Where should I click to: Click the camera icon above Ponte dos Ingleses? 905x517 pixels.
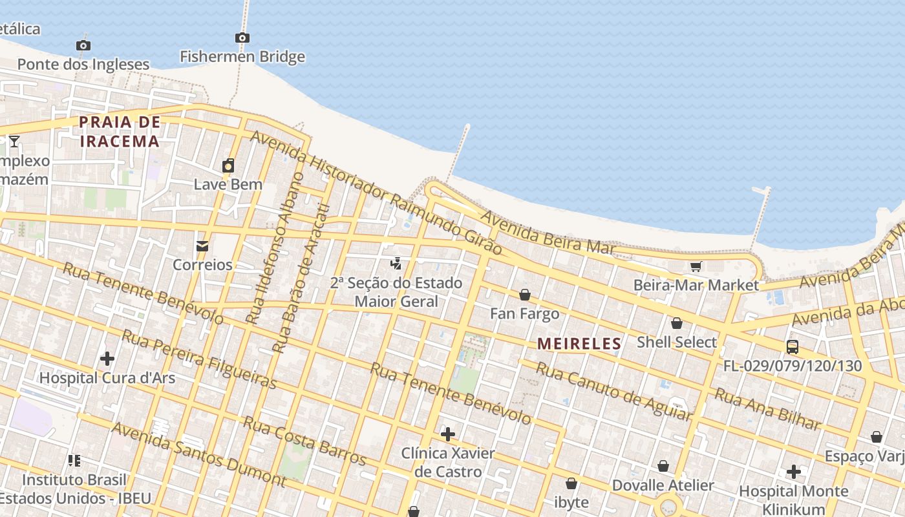point(83,45)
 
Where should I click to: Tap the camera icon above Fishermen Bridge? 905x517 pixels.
point(242,38)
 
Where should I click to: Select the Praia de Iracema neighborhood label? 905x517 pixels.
point(120,132)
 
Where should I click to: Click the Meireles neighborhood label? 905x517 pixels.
point(579,344)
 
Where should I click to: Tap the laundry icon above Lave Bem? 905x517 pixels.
point(228,166)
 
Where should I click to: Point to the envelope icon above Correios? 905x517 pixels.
point(202,246)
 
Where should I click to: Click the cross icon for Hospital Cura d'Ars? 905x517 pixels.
point(107,358)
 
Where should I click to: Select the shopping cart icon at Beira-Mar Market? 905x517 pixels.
point(696,266)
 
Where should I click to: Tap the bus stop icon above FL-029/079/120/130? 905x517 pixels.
point(793,347)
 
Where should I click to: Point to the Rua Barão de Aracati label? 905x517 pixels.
point(301,279)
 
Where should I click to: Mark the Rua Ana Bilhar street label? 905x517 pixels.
point(767,410)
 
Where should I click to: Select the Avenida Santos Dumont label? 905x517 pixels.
point(198,454)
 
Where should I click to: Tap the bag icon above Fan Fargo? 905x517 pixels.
point(525,295)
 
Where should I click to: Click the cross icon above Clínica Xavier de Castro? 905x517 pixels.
point(447,434)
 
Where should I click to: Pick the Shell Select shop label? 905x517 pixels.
point(677,342)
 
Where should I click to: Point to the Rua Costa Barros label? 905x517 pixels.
point(304,441)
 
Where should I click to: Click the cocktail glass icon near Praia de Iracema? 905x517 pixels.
point(14,141)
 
